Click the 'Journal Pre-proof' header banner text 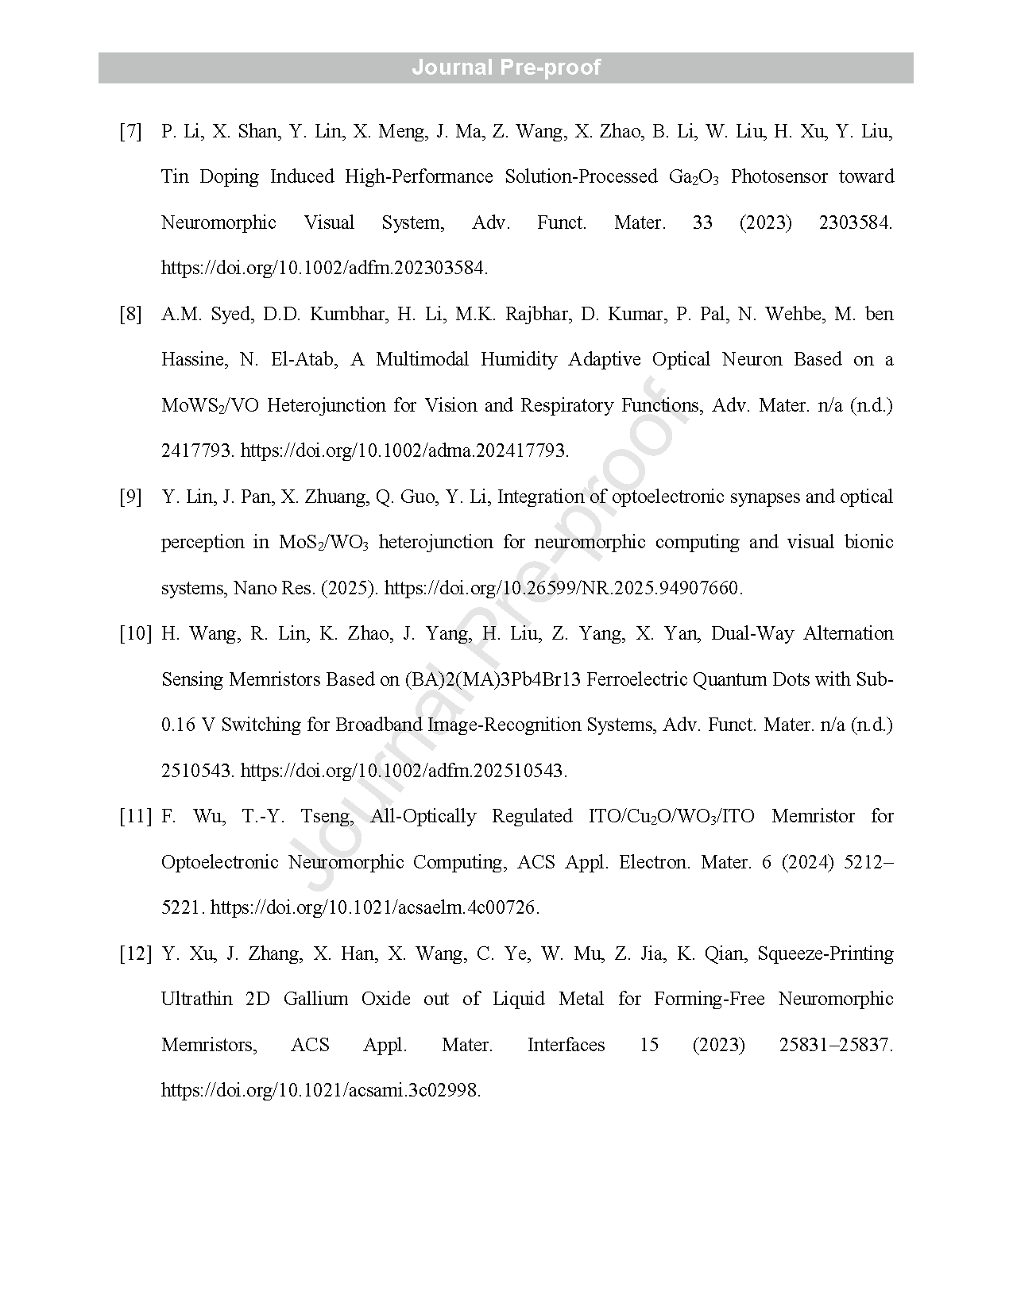506,68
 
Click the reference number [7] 131,131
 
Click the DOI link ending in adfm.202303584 324,268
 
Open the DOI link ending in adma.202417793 404,451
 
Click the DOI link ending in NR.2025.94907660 563,588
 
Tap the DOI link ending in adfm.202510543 404,771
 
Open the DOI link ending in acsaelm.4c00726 375,907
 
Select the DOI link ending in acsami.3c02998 321,1090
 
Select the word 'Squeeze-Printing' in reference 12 825,953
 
